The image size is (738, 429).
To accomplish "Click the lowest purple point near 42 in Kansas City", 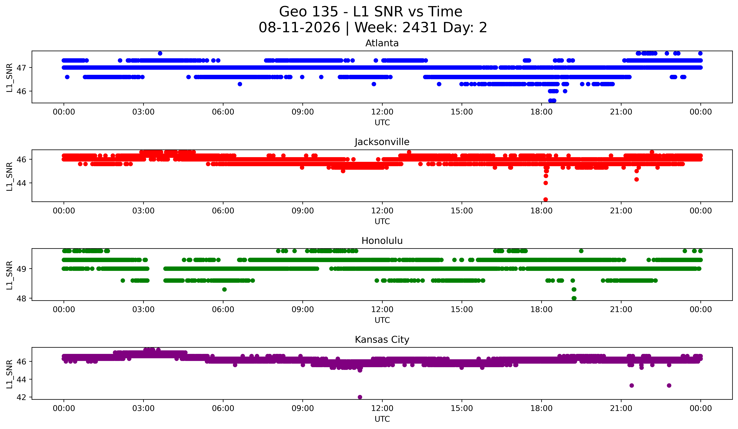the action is point(360,397).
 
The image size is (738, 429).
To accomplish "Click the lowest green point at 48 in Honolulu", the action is point(574,298).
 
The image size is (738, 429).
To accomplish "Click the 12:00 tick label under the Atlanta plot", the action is point(382,112).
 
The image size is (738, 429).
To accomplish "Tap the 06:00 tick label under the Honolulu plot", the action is point(223,310).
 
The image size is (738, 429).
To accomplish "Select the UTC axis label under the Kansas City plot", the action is point(382,419).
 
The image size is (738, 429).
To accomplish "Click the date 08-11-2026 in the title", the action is point(299,28).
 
